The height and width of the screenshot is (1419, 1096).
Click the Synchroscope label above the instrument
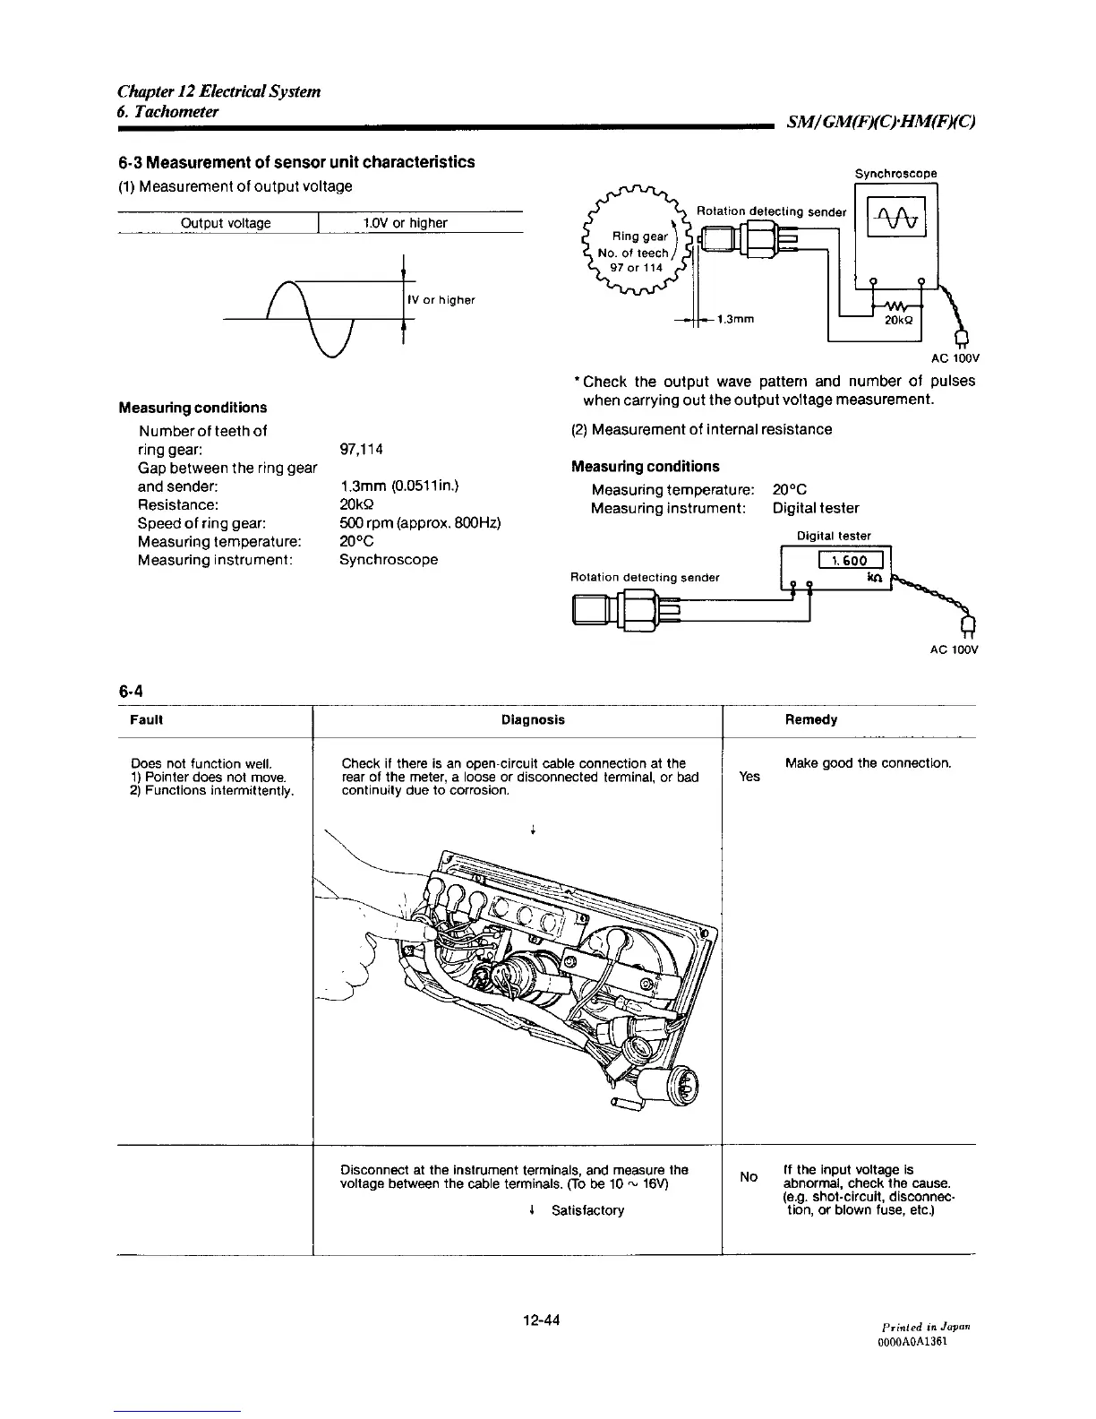click(x=895, y=174)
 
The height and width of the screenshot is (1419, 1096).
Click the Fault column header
click(x=146, y=719)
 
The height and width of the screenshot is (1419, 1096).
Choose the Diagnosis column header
click(x=533, y=719)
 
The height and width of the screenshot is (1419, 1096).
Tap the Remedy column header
click(x=810, y=719)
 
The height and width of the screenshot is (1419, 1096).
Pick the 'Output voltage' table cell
click(x=226, y=223)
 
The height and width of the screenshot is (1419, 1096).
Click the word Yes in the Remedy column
click(x=749, y=777)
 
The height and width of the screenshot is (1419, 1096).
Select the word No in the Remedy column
click(x=749, y=1175)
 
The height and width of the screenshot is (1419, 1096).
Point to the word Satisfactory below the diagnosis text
click(x=587, y=1210)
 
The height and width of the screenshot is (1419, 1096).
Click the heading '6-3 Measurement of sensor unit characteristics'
click(x=296, y=162)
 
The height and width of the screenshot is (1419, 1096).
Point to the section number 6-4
click(x=131, y=691)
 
